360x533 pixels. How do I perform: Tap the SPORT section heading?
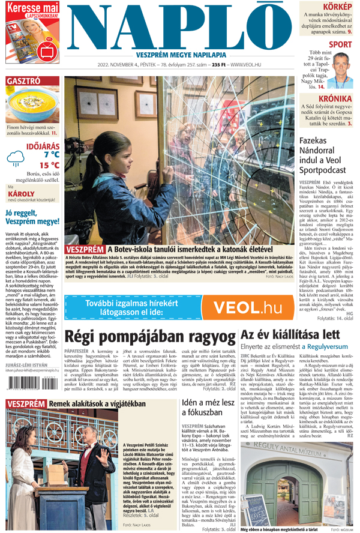[x=340, y=44]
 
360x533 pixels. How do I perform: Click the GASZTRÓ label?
[x=24, y=82]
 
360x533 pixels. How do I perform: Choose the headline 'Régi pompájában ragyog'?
[x=149, y=338]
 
